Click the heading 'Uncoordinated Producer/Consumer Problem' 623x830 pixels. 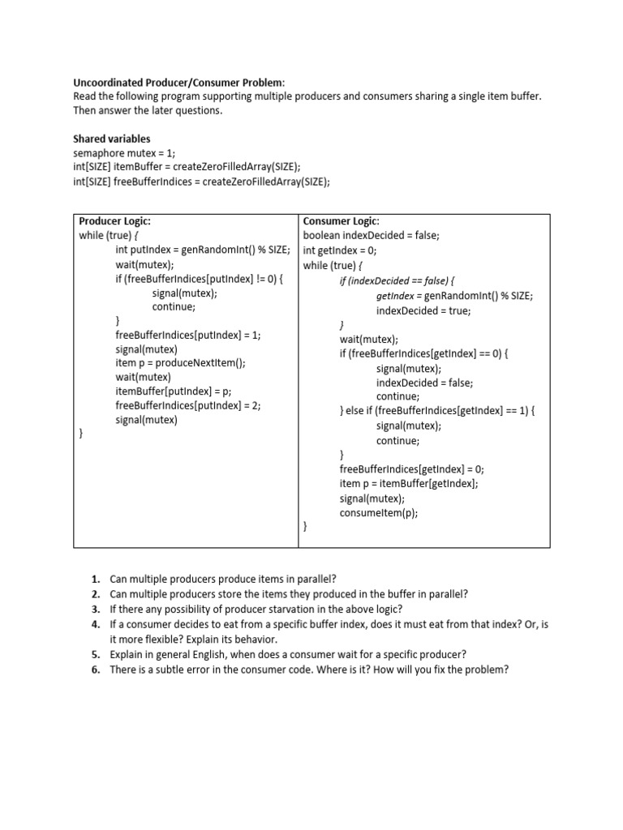point(179,82)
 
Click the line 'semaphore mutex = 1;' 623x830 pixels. point(123,153)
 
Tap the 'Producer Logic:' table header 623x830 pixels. point(114,221)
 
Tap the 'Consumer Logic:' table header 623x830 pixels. point(341,221)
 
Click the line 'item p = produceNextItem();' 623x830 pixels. point(180,363)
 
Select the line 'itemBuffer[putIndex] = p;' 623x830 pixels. point(174,391)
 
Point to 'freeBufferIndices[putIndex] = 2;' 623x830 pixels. point(188,405)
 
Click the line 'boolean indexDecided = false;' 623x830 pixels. point(371,236)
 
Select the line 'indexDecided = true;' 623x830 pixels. point(423,310)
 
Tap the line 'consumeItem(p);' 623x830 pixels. point(379,513)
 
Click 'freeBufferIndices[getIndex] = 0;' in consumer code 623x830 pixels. point(411,469)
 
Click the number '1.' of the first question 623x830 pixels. point(96,579)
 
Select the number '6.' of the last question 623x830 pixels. point(96,670)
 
